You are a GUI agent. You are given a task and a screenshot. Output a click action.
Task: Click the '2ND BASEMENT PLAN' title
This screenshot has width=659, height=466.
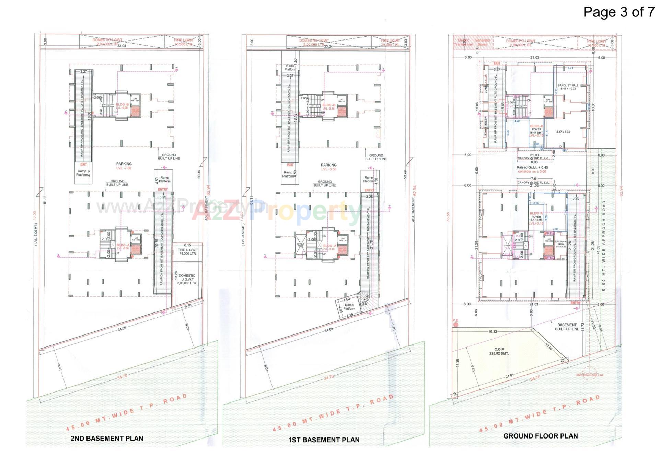(x=107, y=438)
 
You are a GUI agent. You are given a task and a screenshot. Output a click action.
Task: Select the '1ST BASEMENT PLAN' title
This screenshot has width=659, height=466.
(x=324, y=440)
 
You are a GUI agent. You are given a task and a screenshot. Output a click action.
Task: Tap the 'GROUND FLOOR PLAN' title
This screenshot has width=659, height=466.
(x=540, y=436)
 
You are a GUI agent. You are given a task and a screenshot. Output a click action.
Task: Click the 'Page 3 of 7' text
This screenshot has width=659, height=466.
(x=619, y=12)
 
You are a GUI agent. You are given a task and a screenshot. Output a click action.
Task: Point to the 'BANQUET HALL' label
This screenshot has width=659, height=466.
(x=568, y=87)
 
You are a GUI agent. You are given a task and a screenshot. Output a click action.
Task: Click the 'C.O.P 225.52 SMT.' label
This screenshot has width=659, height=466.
(x=499, y=351)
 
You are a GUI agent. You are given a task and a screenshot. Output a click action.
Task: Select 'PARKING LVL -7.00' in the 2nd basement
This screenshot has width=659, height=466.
(x=124, y=166)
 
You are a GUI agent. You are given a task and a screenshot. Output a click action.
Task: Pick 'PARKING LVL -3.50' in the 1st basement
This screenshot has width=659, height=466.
(x=328, y=167)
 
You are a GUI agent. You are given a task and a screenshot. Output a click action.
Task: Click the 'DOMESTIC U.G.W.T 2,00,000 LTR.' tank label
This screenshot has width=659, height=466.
(x=187, y=279)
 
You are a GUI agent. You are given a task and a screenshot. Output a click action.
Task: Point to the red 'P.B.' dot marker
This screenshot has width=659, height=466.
(x=456, y=325)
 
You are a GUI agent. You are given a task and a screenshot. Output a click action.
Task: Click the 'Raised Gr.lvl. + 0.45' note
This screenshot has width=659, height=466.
(x=532, y=168)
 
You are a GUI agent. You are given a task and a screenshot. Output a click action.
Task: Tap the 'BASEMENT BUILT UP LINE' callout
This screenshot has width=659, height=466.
(x=567, y=327)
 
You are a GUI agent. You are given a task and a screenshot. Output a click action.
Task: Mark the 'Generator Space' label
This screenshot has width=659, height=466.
(x=482, y=42)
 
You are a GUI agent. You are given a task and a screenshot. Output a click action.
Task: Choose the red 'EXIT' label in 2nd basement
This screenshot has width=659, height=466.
(x=83, y=164)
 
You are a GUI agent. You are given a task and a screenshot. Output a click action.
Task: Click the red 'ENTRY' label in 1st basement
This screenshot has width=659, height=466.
(x=369, y=190)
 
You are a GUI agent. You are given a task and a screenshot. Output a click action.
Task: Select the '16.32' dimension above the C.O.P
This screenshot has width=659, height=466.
(x=492, y=331)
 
